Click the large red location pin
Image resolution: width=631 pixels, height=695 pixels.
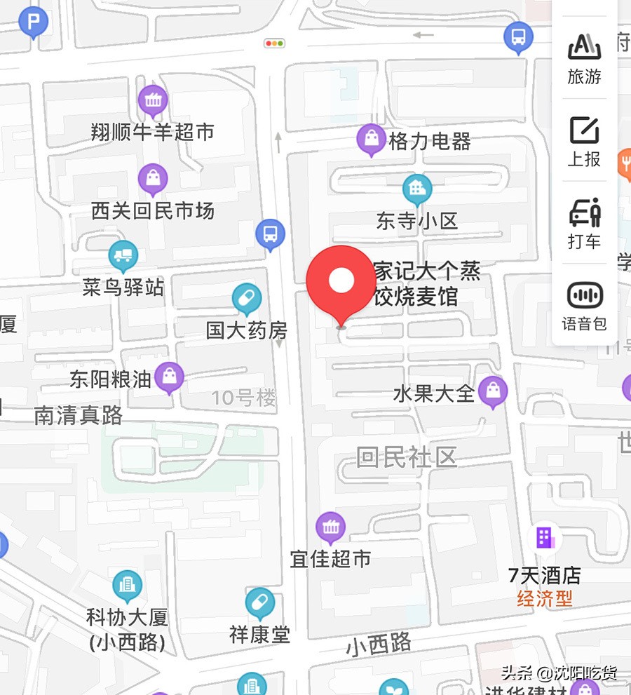(341, 281)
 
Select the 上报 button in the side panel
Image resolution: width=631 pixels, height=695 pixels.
(584, 142)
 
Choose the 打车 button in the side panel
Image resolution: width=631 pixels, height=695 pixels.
(584, 223)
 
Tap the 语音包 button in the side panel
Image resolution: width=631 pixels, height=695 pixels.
(584, 306)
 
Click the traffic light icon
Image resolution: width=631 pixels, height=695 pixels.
(274, 43)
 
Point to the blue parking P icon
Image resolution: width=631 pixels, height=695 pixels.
(33, 22)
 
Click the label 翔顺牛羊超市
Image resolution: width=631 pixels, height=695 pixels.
(152, 132)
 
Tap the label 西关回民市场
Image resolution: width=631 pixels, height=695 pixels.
(152, 210)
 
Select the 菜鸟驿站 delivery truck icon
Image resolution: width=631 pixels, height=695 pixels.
(123, 255)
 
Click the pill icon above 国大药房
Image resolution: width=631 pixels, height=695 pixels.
(247, 299)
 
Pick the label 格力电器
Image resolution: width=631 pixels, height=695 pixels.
(429, 142)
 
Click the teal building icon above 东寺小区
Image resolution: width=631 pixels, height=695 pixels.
(417, 188)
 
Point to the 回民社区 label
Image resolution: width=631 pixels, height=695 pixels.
(407, 457)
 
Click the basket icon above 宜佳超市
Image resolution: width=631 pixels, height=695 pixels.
(330, 527)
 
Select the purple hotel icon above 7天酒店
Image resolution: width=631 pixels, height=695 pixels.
(545, 538)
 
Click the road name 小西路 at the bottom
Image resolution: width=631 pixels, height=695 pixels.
(379, 645)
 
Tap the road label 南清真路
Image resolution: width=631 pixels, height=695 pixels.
(78, 415)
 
